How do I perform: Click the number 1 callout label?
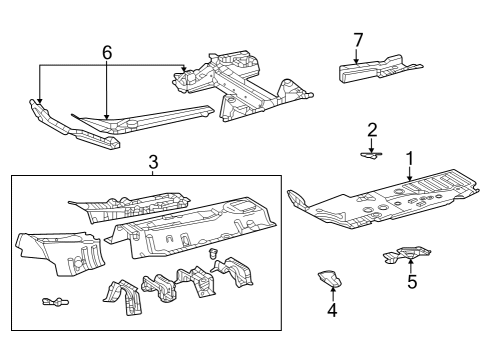point(409,159)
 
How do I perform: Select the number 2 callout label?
point(371,129)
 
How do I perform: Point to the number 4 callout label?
point(332,310)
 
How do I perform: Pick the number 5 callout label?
point(411,281)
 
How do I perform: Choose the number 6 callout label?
point(106,51)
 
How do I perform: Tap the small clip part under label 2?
point(371,154)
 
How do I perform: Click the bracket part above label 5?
point(403,257)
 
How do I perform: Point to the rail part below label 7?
point(376,71)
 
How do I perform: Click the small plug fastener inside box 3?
point(213,257)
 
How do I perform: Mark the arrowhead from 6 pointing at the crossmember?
point(184,69)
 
